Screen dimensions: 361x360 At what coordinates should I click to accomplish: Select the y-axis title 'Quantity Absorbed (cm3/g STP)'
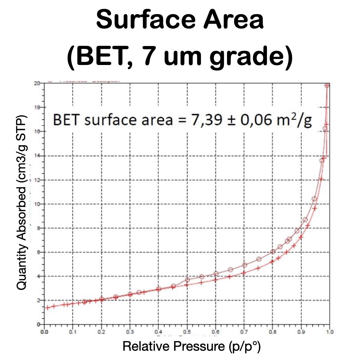[22, 203]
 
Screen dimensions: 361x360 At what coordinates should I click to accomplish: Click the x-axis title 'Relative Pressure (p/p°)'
[191, 346]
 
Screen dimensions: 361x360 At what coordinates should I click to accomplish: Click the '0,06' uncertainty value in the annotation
[254, 120]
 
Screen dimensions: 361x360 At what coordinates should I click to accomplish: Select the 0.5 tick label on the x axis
[187, 332]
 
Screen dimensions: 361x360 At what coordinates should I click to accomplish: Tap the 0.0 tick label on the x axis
[44, 332]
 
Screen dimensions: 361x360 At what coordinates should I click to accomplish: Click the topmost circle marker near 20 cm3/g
[327, 86]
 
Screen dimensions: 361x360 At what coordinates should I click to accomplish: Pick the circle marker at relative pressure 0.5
[187, 280]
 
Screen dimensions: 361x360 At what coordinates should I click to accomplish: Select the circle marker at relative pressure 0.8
[273, 252]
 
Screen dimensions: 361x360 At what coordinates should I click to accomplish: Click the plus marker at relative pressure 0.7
[244, 273]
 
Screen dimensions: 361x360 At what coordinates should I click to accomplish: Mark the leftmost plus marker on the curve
[47, 308]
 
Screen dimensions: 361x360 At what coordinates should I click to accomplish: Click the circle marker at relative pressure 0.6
[216, 273]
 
